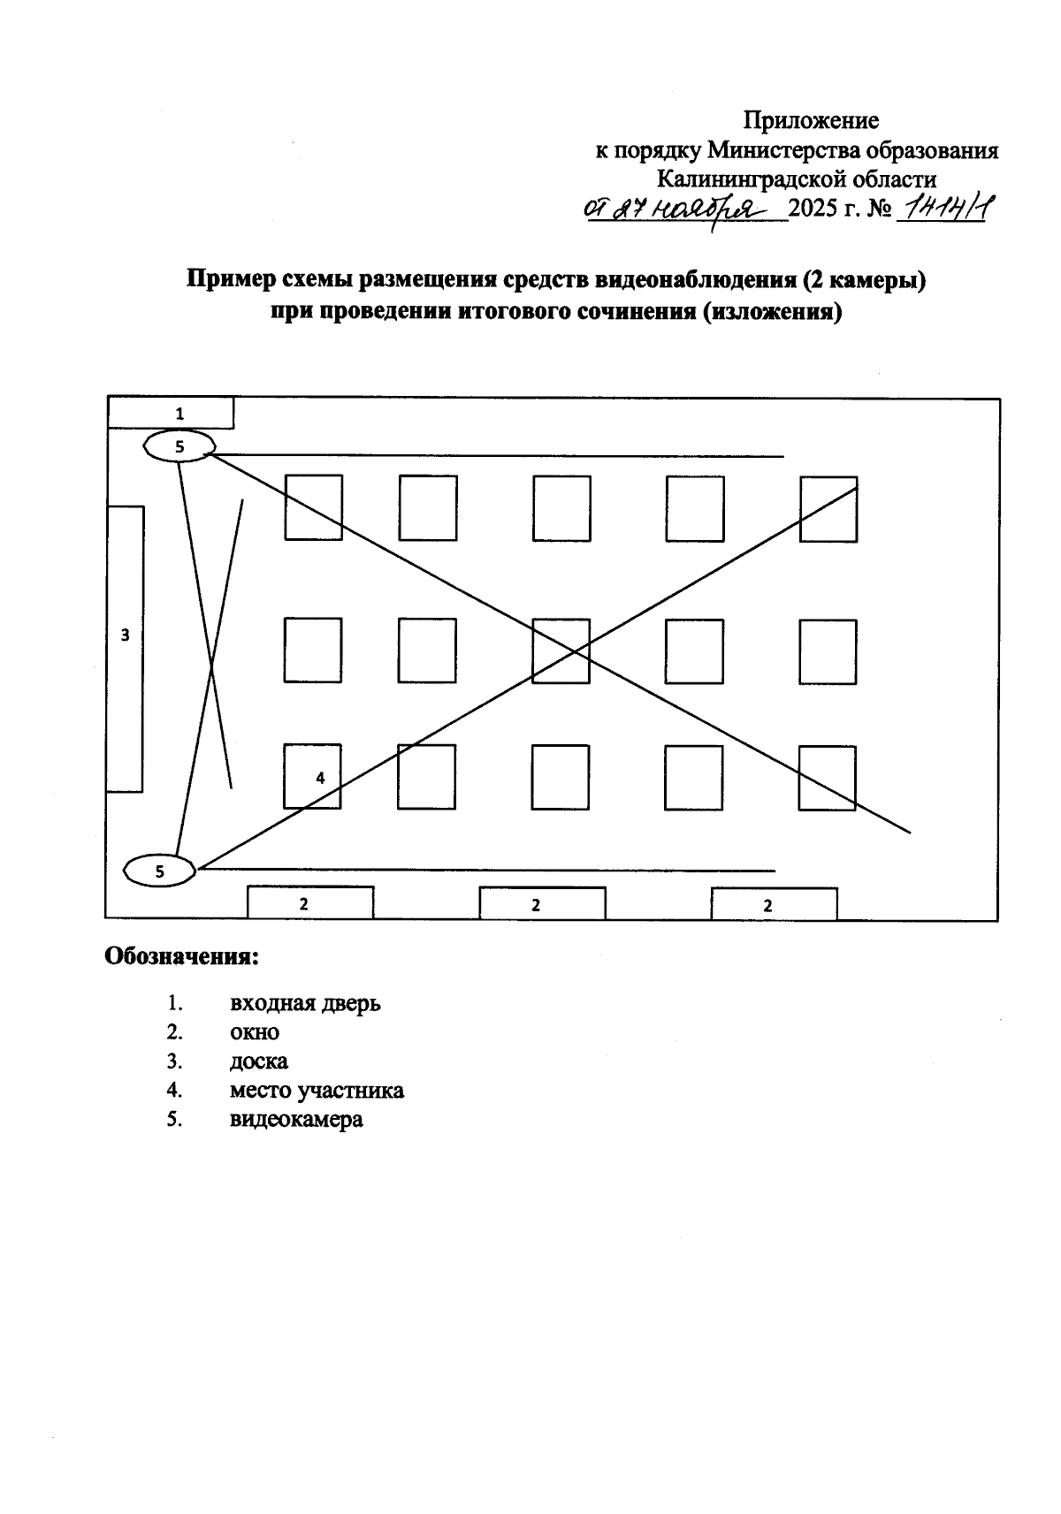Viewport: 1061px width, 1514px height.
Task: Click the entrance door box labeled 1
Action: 171,413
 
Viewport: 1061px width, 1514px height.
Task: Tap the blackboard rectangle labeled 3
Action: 125,648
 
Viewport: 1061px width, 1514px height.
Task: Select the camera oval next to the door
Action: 179,446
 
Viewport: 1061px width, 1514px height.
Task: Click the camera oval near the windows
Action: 160,871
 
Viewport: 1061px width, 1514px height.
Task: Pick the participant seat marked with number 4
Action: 312,777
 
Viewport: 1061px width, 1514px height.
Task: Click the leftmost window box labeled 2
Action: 309,903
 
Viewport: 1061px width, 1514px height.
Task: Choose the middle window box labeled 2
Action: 542,904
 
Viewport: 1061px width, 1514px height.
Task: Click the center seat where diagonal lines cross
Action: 561,651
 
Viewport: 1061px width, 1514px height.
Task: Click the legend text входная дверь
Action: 305,1004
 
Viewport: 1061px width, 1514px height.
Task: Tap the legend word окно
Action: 255,1032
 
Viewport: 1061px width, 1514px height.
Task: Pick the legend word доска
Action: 259,1061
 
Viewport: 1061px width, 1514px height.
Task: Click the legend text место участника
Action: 317,1090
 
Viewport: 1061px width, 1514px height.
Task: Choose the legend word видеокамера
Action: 296,1119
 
